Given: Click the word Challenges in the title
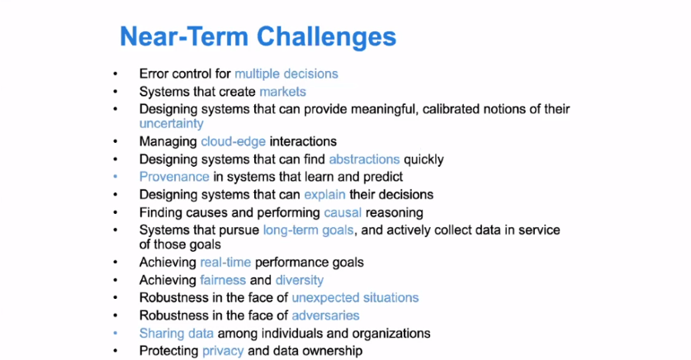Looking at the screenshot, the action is (327, 37).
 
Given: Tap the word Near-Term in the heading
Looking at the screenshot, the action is (184, 36).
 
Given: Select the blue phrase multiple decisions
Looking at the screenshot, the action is (286, 73).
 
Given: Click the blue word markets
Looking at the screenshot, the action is (282, 92).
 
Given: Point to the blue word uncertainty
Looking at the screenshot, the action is (172, 124).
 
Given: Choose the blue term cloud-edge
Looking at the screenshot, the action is (233, 141).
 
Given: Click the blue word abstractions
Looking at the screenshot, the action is (364, 159).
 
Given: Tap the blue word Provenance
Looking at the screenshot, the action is (174, 177).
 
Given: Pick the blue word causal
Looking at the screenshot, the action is (343, 212).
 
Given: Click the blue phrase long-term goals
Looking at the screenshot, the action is (309, 230).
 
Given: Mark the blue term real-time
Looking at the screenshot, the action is (225, 263).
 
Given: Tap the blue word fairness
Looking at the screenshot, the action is (223, 280).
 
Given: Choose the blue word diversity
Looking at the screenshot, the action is (300, 280).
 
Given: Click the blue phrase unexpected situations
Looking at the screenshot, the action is (355, 298).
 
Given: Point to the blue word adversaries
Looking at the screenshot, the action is (325, 315).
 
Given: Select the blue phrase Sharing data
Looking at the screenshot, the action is (177, 334).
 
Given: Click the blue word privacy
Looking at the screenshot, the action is (223, 351).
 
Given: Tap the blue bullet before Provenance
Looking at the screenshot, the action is (116, 178).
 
